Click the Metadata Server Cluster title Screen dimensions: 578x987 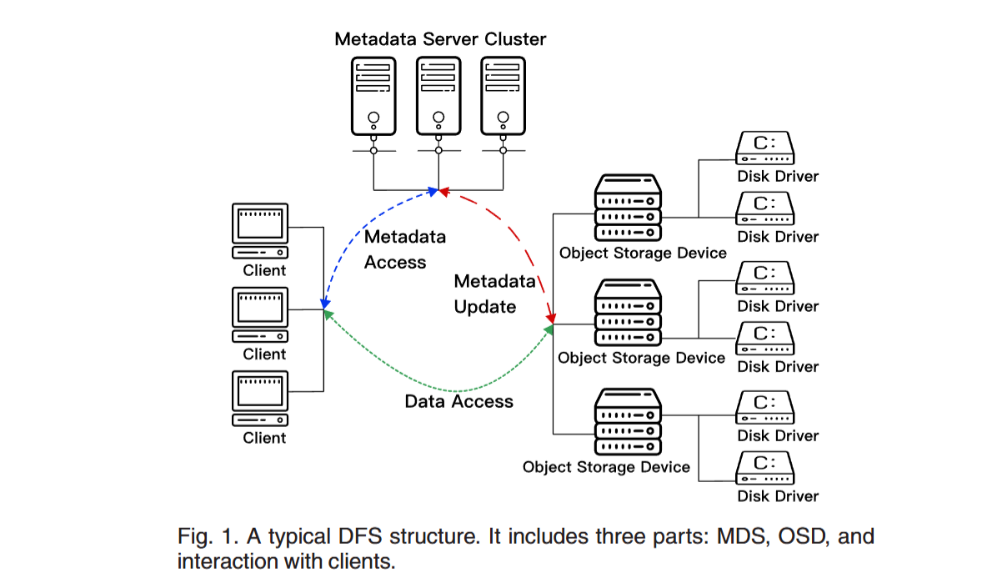[440, 39]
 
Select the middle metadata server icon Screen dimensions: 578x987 [438, 96]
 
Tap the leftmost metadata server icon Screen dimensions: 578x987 [373, 96]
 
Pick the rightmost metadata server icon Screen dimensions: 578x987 [503, 96]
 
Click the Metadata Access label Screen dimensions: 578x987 [405, 249]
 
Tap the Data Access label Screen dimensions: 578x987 [458, 401]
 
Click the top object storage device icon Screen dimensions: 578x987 [628, 209]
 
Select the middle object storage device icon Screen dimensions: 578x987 [628, 314]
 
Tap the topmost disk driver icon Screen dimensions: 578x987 [765, 149]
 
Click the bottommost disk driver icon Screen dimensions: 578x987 [765, 469]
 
